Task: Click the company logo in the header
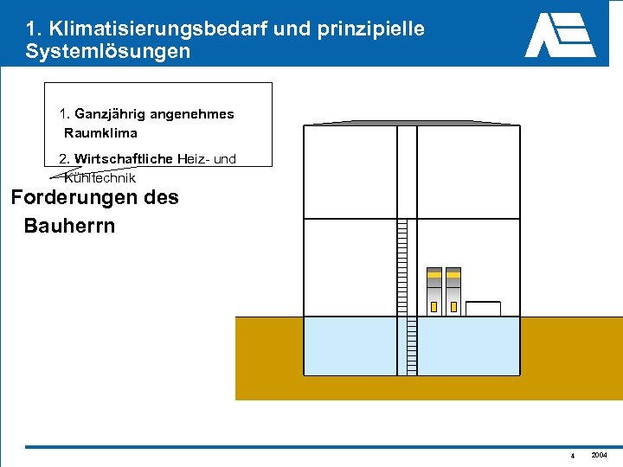(x=560, y=35)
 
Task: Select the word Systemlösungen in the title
(x=107, y=51)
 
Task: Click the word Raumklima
(x=100, y=133)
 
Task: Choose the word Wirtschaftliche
(x=124, y=158)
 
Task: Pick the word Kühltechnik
(x=100, y=178)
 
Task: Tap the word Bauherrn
(x=69, y=227)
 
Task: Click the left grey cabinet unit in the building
(x=434, y=291)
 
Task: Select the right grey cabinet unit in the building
(x=453, y=291)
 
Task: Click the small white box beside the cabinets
(x=483, y=309)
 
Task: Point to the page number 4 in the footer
(x=573, y=456)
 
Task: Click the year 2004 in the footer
(x=599, y=455)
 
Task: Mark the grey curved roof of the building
(x=411, y=123)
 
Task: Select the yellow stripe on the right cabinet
(x=453, y=275)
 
